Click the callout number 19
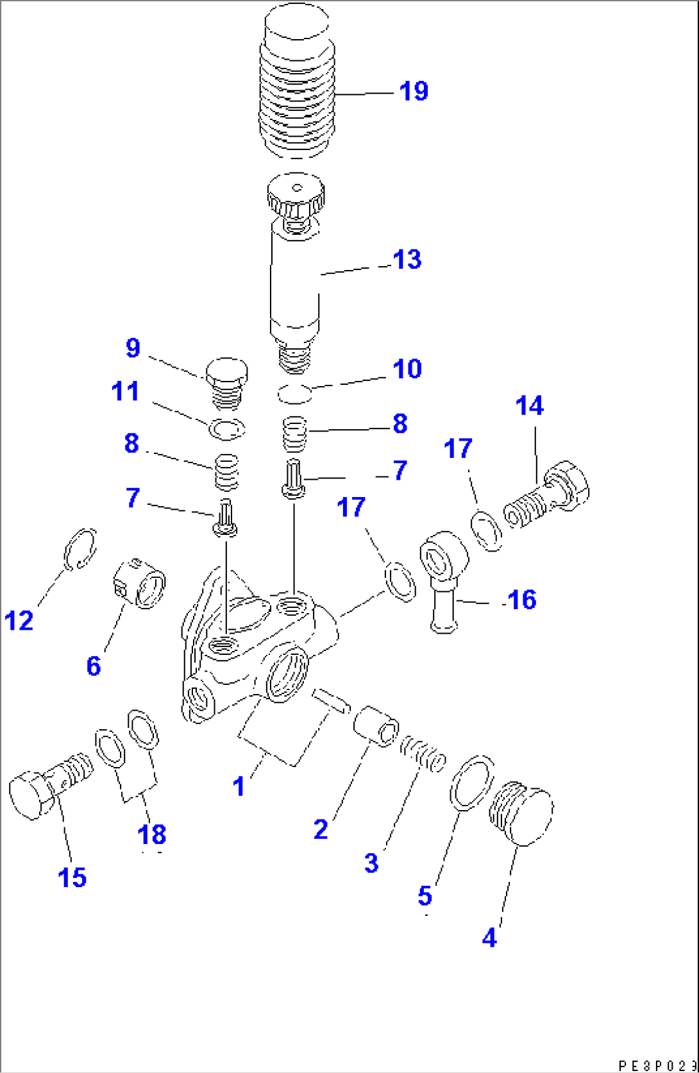click(x=414, y=91)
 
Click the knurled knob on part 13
click(x=296, y=196)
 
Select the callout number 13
click(x=407, y=260)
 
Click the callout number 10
click(x=407, y=369)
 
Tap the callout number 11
click(x=125, y=391)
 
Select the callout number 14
click(x=530, y=406)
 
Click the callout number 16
click(x=521, y=600)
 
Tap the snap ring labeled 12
click(x=80, y=549)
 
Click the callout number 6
click(x=94, y=666)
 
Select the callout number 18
click(x=152, y=834)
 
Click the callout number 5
click(x=425, y=896)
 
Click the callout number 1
click(x=239, y=786)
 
